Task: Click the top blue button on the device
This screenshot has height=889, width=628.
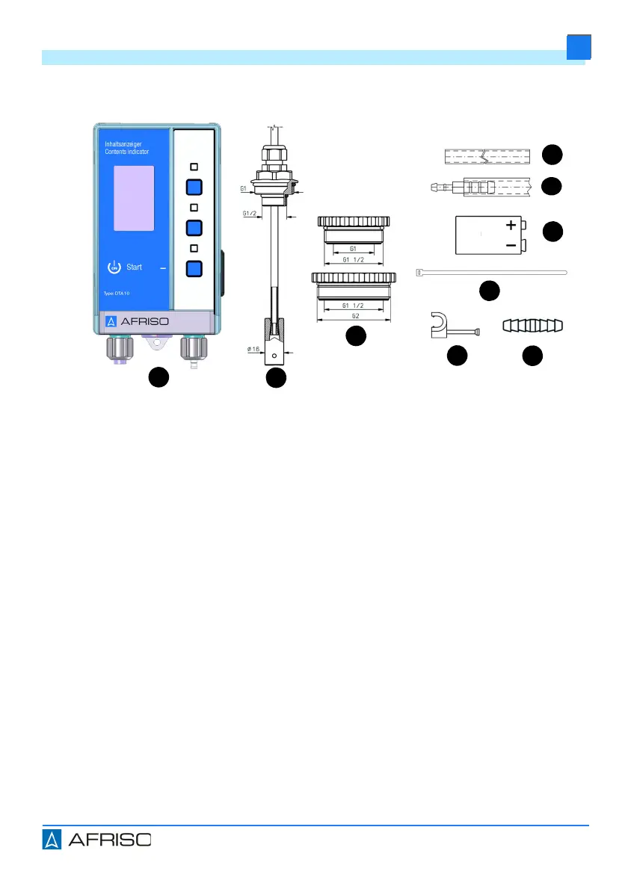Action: [x=194, y=187]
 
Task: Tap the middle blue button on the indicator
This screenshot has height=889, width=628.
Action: [x=194, y=228]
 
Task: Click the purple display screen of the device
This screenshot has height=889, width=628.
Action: [x=134, y=198]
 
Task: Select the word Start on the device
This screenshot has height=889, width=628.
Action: [x=135, y=267]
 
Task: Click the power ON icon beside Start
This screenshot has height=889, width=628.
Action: [x=114, y=267]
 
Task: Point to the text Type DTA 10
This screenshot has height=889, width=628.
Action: [x=116, y=294]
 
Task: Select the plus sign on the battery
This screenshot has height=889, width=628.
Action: [x=511, y=224]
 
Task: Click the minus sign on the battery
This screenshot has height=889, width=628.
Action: [x=511, y=244]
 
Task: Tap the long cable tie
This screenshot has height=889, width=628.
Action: [x=490, y=273]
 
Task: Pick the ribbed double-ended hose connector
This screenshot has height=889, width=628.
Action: [x=532, y=325]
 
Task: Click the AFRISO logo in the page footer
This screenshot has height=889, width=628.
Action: [x=96, y=840]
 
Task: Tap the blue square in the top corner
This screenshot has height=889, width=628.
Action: [x=579, y=47]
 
